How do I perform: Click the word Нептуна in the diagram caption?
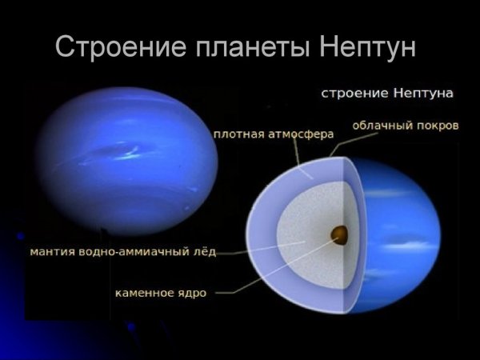[x=421, y=94]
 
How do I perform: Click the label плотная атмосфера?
[x=273, y=134]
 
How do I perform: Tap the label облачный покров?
[x=405, y=126]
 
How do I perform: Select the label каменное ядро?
[x=159, y=293]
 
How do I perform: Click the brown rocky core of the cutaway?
[x=339, y=234]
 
